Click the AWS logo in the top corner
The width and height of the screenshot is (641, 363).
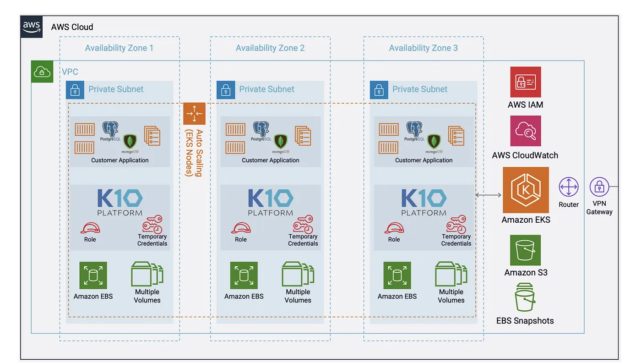click(31, 26)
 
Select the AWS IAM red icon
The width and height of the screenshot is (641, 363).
click(526, 82)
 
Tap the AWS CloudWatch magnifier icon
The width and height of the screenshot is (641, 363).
click(526, 131)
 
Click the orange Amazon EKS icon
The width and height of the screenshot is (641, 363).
click(526, 190)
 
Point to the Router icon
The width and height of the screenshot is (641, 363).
click(569, 187)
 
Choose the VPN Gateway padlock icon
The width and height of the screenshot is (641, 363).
click(599, 187)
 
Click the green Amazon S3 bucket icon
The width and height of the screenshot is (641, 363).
click(526, 250)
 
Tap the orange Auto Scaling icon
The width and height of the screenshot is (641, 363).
click(194, 114)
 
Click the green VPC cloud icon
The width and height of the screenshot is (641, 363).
click(42, 72)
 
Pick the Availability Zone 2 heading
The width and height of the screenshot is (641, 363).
click(270, 48)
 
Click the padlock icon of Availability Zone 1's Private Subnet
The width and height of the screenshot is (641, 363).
click(75, 90)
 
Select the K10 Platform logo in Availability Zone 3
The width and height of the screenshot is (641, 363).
click(424, 202)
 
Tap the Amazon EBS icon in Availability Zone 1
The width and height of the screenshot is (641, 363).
click(93, 275)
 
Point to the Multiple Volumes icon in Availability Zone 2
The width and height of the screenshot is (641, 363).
click(298, 274)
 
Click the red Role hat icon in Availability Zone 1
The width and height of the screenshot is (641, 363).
click(90, 228)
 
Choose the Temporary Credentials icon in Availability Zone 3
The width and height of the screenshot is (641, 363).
click(456, 224)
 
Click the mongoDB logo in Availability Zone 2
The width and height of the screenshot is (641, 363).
click(280, 141)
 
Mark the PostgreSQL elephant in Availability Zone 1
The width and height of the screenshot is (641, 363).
click(110, 129)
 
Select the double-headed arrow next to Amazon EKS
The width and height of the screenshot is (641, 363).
click(488, 195)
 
